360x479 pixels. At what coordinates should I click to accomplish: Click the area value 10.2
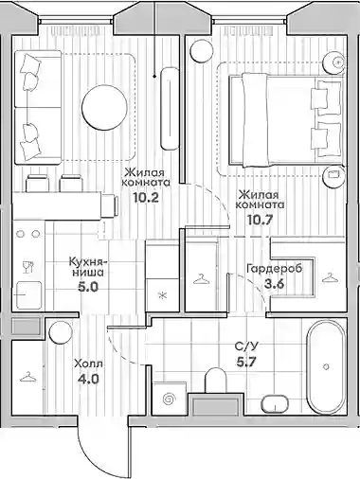(x=145, y=197)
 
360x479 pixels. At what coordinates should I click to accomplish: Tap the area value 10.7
(x=260, y=219)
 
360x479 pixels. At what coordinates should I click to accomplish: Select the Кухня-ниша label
(x=86, y=266)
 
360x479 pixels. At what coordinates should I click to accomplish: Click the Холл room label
(x=88, y=364)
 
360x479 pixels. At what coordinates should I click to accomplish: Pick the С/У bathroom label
(x=246, y=346)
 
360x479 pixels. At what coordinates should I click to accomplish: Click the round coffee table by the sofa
(x=104, y=107)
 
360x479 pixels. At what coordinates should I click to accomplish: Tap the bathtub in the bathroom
(x=326, y=367)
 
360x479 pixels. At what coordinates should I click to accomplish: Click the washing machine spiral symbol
(x=169, y=399)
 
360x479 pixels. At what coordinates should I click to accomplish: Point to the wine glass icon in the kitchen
(x=28, y=267)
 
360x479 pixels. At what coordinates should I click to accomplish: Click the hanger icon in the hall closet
(x=27, y=377)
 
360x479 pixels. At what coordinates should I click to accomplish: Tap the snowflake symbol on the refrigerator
(x=163, y=295)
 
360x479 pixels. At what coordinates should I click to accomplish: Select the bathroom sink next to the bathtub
(x=276, y=402)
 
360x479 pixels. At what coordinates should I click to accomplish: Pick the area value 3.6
(x=275, y=283)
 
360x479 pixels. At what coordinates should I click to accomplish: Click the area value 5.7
(x=246, y=362)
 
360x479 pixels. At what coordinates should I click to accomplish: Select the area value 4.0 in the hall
(x=88, y=378)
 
